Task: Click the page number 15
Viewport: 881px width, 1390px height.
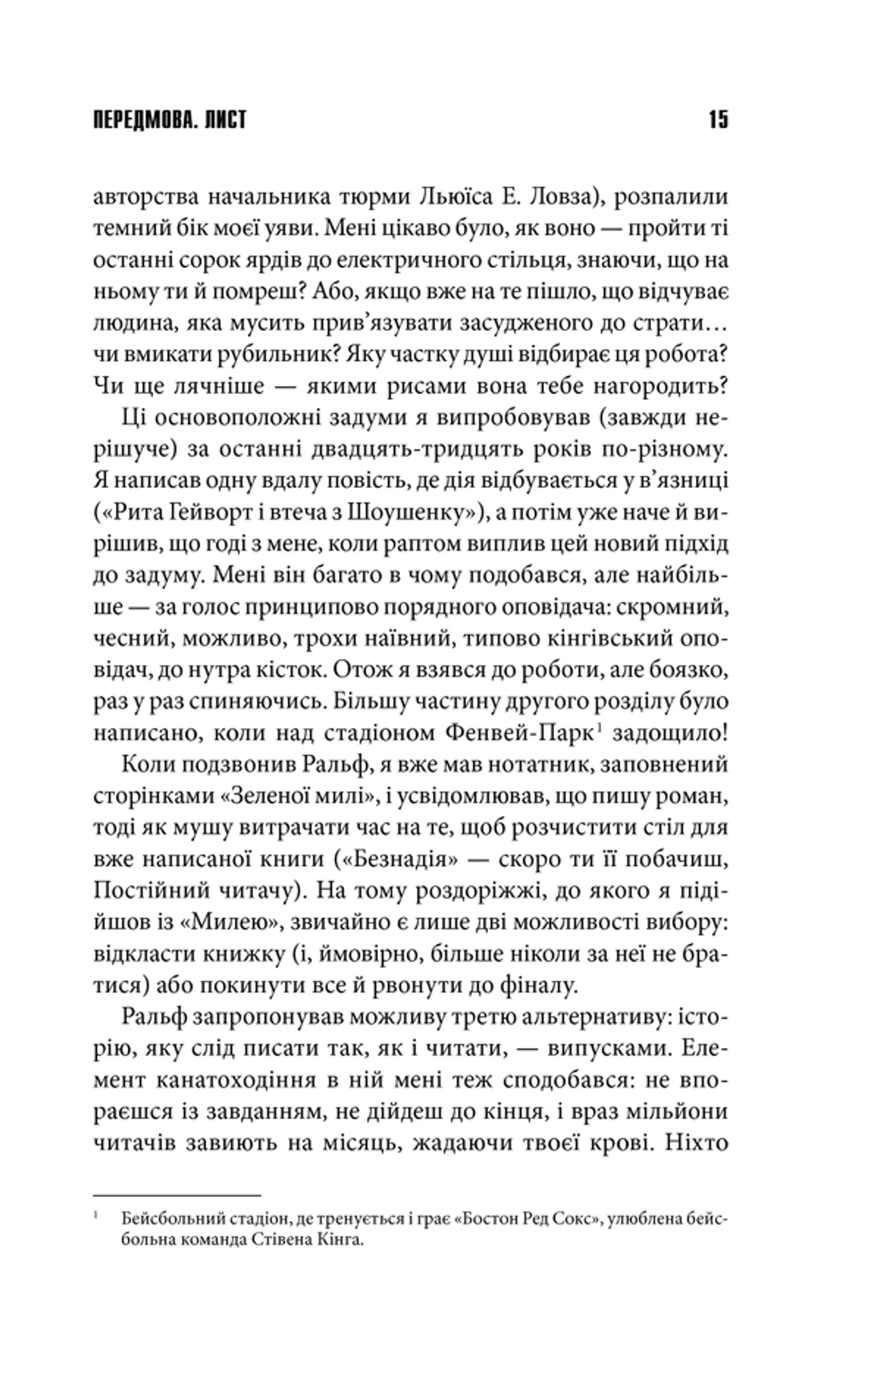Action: pyautogui.click(x=718, y=120)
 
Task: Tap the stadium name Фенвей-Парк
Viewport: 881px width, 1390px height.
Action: pyautogui.click(x=519, y=734)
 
